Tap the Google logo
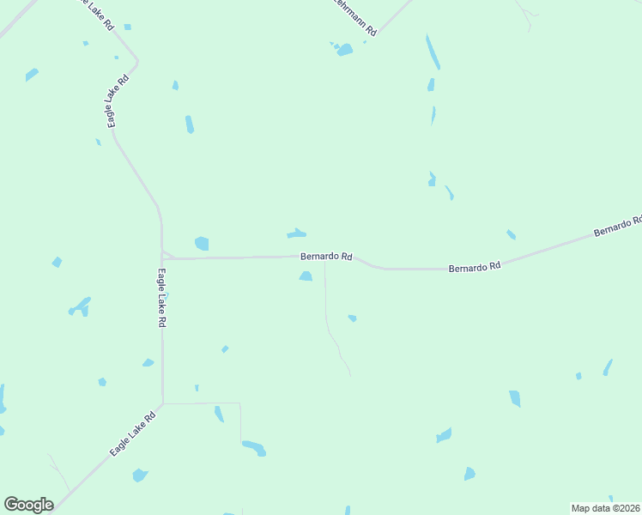28,505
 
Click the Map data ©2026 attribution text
605,508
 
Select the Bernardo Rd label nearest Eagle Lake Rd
326,257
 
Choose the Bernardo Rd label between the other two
474,268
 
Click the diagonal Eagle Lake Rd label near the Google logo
132,434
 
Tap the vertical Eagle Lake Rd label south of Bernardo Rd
161,298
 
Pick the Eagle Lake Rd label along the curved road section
118,101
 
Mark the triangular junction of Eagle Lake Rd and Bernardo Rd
167,255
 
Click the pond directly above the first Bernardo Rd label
297,233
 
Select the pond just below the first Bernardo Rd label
306,276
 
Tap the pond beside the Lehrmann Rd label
344,50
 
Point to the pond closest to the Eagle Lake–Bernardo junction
202,244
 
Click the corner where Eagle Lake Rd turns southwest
163,403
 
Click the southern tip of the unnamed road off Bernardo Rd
350,375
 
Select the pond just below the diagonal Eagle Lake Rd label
140,475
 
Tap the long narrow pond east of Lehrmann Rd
433,51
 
